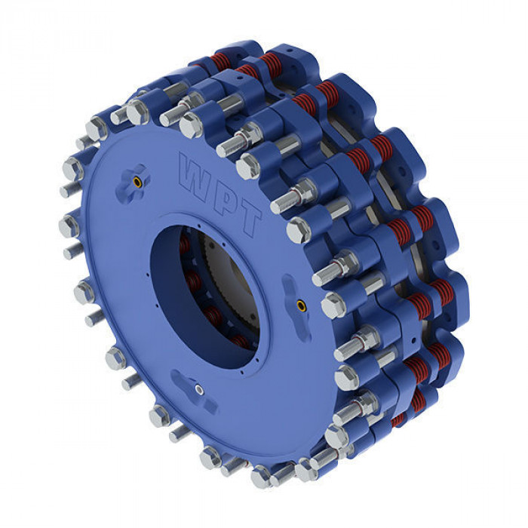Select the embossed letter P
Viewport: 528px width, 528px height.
pos(225,198)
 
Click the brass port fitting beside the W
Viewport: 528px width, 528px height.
pos(137,182)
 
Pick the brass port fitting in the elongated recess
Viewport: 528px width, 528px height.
pos(301,305)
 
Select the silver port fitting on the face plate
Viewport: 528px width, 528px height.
pos(198,390)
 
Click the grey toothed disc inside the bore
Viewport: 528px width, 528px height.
pos(232,280)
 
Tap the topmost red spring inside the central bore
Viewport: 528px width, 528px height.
pos(184,244)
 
